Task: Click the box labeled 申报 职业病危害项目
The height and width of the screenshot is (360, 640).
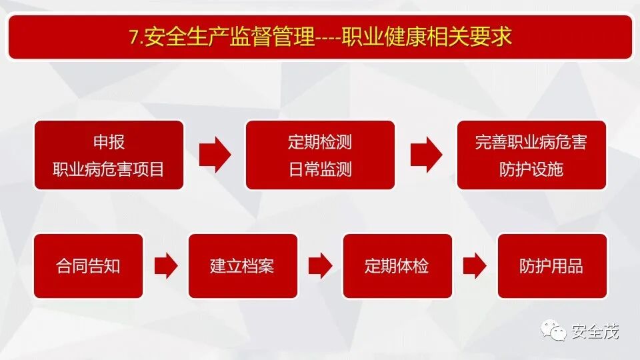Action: pyautogui.click(x=109, y=155)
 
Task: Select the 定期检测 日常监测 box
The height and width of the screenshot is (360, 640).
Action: pyautogui.click(x=320, y=155)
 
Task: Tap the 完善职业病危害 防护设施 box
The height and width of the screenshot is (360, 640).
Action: pyautogui.click(x=531, y=155)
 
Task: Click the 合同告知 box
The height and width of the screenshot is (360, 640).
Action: pyautogui.click(x=88, y=266)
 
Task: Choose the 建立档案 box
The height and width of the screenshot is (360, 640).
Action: pyautogui.click(x=243, y=266)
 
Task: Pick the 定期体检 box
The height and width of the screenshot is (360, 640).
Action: pyautogui.click(x=397, y=266)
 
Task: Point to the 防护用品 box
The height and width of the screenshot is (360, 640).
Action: pyautogui.click(x=552, y=266)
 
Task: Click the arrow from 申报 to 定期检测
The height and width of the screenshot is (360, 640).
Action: pyautogui.click(x=215, y=155)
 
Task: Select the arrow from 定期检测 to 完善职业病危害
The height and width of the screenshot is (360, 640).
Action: pyautogui.click(x=426, y=155)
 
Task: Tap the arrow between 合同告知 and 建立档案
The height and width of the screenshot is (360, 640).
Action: pyautogui.click(x=166, y=266)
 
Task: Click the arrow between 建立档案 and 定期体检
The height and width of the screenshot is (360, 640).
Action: pyautogui.click(x=321, y=266)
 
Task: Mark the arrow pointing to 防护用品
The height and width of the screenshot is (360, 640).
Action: pyautogui.click(x=475, y=266)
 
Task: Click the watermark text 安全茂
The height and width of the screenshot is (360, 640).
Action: pyautogui.click(x=595, y=331)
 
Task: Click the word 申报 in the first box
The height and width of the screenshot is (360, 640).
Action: pyautogui.click(x=109, y=142)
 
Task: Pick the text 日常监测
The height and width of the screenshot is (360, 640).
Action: pyautogui.click(x=320, y=169)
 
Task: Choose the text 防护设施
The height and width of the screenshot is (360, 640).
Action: pyautogui.click(x=531, y=169)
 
